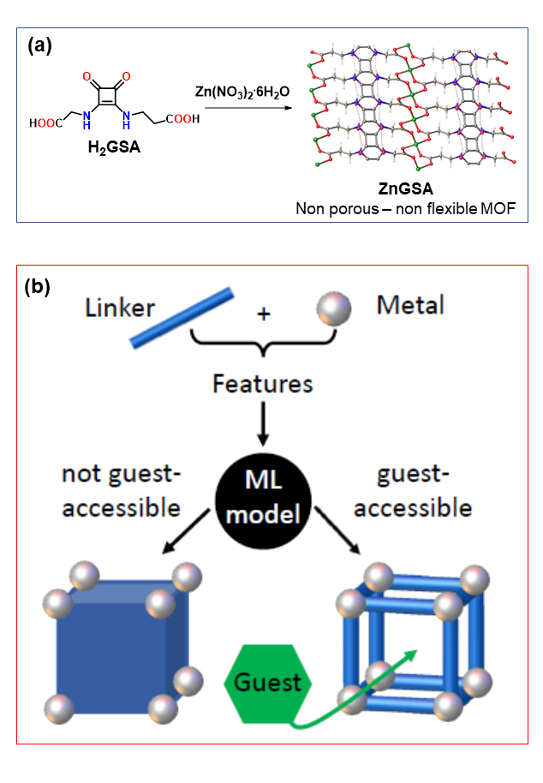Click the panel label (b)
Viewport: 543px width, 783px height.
[x=41, y=285]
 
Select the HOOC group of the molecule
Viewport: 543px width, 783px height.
[x=45, y=123]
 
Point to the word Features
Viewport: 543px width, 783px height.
[x=262, y=383]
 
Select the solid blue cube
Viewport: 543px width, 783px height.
[x=111, y=649]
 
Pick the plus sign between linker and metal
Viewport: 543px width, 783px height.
[x=264, y=316]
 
